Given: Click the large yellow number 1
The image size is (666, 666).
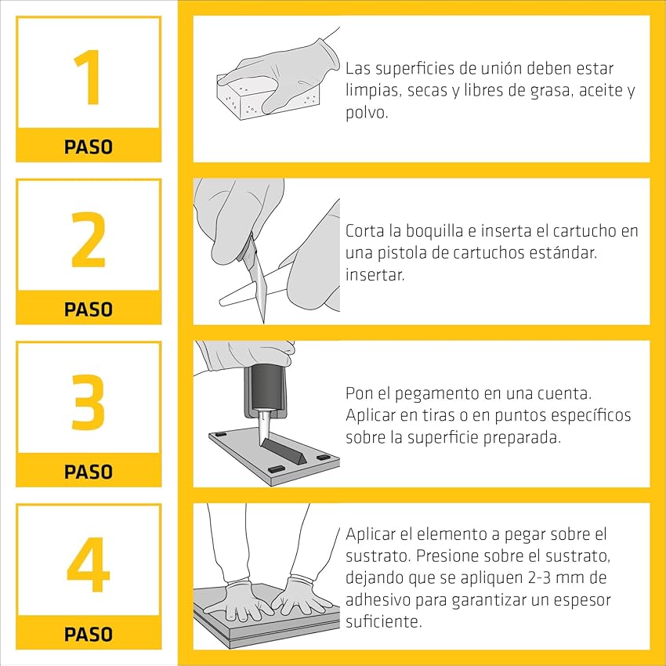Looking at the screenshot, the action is pyautogui.click(x=89, y=77).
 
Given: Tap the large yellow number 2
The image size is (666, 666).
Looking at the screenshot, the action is pyautogui.click(x=89, y=239).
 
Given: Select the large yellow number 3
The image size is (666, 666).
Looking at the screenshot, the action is pyautogui.click(x=89, y=402).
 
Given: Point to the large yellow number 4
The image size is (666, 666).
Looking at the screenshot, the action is pyautogui.click(x=89, y=564).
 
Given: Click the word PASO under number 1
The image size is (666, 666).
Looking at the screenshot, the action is pyautogui.click(x=89, y=147).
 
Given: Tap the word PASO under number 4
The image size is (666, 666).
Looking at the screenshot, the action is pyautogui.click(x=89, y=634).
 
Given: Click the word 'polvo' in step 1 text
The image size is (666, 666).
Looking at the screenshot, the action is pyautogui.click(x=366, y=113).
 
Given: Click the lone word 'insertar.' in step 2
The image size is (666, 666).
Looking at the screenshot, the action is pyautogui.click(x=375, y=274).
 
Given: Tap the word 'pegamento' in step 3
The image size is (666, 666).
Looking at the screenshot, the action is pyautogui.click(x=437, y=394).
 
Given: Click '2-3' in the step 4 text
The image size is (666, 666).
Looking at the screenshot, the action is pyautogui.click(x=534, y=577).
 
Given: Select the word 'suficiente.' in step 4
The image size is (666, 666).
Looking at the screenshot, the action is pyautogui.click(x=384, y=621).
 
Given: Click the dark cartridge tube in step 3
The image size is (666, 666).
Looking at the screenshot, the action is pyautogui.click(x=265, y=388).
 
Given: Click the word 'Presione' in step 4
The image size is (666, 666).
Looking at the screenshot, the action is pyautogui.click(x=447, y=556).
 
